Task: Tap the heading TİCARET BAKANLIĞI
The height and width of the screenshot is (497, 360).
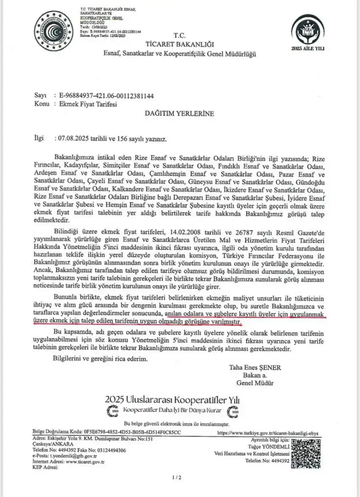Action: [x=179, y=44]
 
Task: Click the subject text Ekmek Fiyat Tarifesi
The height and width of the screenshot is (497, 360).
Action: [x=85, y=103]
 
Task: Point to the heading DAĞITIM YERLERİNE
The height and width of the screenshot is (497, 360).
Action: [x=180, y=115]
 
